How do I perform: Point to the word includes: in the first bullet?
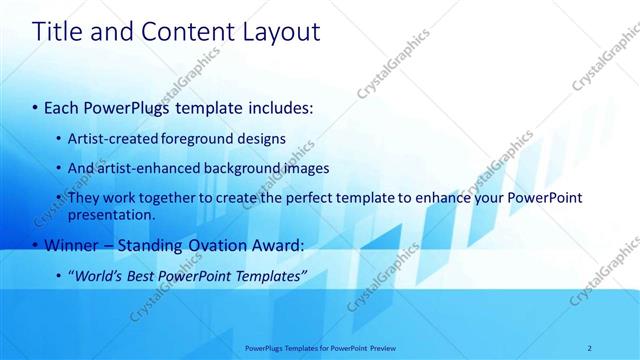point(281,106)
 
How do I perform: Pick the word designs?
point(262,138)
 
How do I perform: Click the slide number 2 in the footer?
point(590,348)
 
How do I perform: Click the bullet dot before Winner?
point(35,245)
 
